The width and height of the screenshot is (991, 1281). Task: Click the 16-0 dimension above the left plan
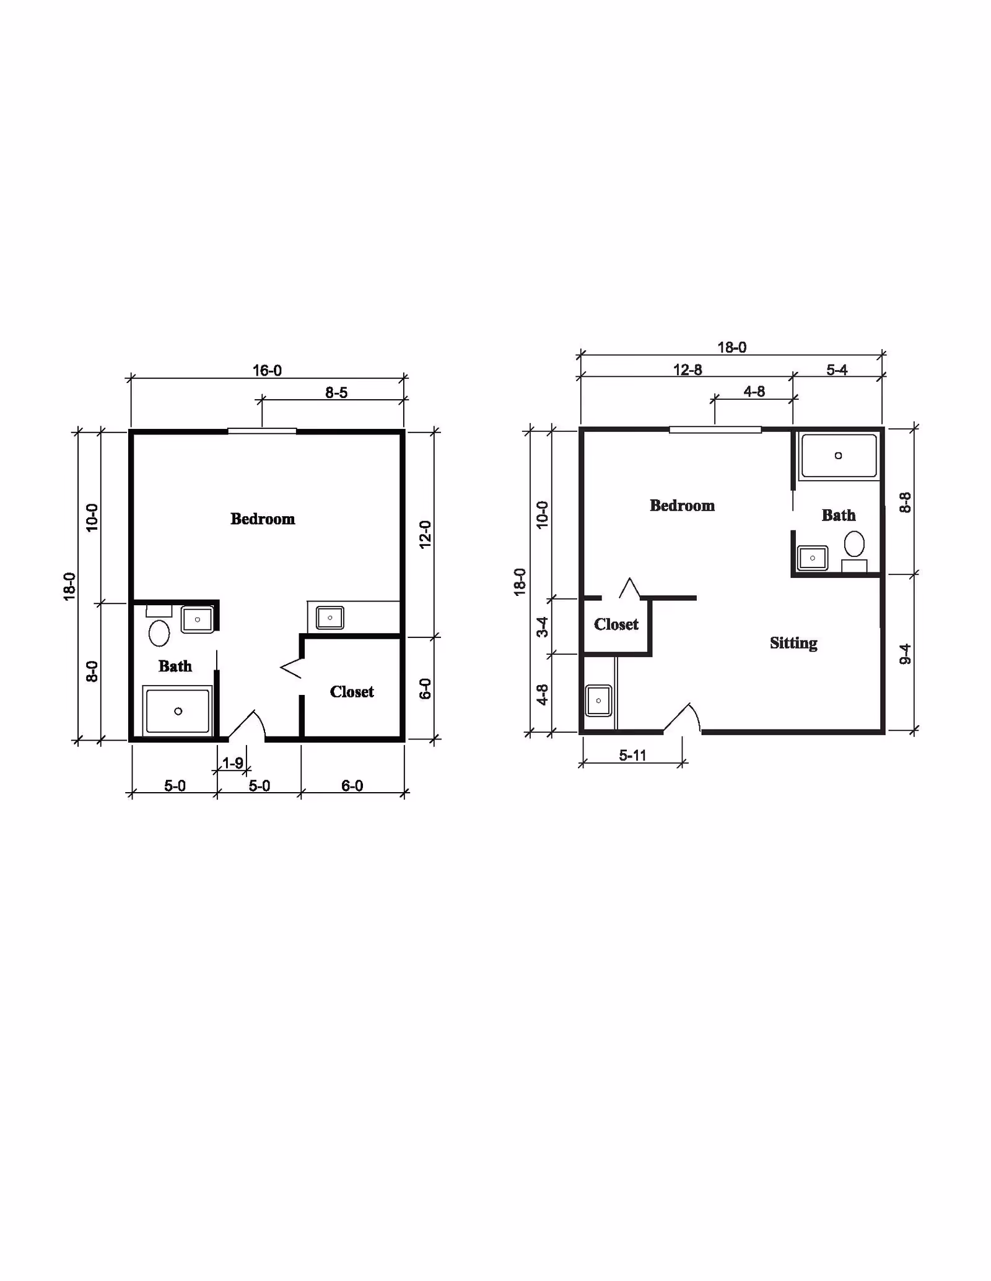coord(267,371)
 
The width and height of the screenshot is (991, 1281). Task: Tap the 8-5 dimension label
coord(336,393)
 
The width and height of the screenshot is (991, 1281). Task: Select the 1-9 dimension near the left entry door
coord(233,763)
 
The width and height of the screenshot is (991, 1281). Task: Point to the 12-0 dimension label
coord(425,533)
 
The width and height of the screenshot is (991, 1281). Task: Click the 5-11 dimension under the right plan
coord(632,755)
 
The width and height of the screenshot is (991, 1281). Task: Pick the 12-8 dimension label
coord(688,370)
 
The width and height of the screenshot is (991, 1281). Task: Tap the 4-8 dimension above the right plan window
coord(754,392)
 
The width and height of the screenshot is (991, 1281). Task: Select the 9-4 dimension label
coord(905,653)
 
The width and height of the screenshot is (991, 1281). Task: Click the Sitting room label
coord(793,643)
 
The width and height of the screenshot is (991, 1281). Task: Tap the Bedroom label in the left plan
coord(263,519)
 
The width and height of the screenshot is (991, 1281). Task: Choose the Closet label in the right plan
coord(616,624)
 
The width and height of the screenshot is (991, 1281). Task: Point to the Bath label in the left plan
coord(175,666)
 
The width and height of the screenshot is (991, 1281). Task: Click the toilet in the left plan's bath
coord(159,632)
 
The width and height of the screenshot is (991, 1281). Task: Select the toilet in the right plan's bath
coord(854,544)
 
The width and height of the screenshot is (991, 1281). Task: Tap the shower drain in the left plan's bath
coord(178,711)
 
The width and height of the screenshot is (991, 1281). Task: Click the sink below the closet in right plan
coord(598,701)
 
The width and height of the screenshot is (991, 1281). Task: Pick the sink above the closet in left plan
coord(330,618)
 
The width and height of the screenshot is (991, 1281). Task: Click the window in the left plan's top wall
coord(262,431)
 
